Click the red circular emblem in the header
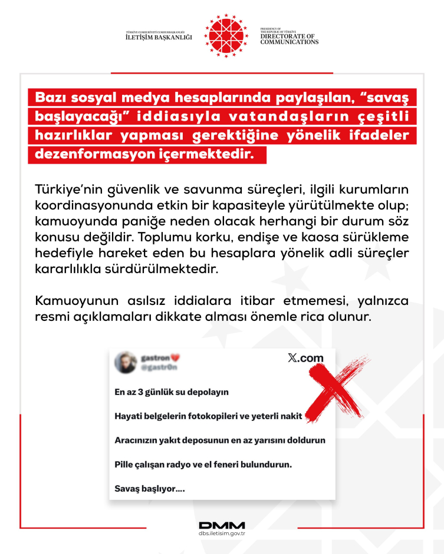(223, 34)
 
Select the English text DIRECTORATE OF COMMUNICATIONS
(289, 39)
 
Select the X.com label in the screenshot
(305, 358)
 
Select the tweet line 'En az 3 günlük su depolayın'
(171, 392)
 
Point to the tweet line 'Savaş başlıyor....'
(149, 488)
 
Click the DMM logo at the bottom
(222, 525)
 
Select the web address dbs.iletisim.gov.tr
(222, 534)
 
